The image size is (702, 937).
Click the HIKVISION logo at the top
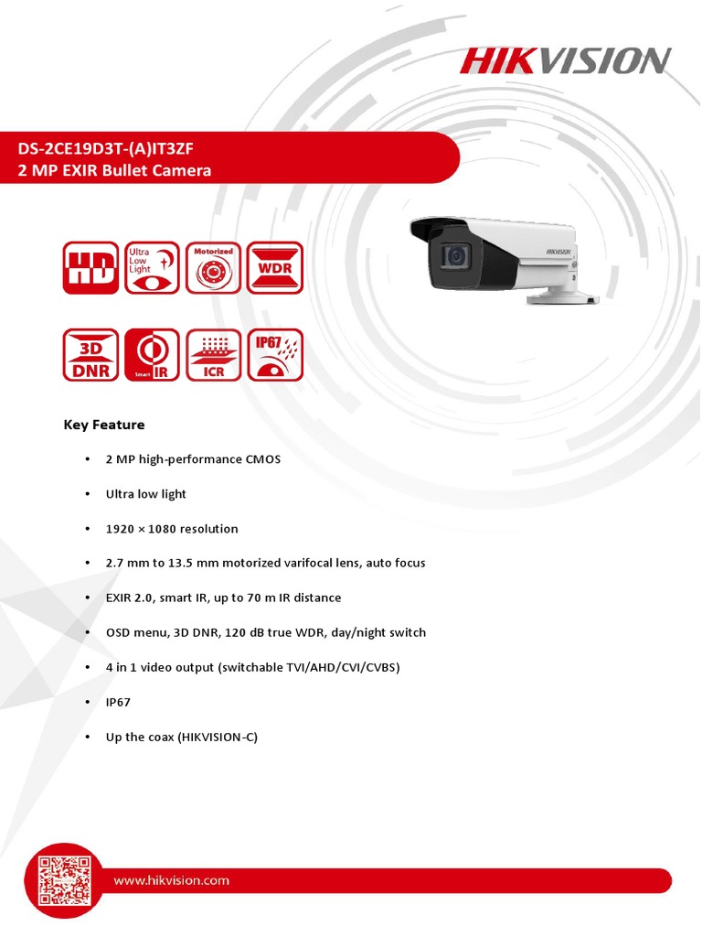click(565, 61)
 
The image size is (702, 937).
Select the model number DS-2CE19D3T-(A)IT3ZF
click(106, 149)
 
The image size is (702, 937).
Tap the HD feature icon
click(90, 268)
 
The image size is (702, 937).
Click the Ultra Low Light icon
click(152, 268)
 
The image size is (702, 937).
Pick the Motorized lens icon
click(213, 268)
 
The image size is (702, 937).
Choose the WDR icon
click(275, 268)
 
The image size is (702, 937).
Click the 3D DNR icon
click(90, 355)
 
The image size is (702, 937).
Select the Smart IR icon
click(152, 355)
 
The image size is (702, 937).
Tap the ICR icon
click(213, 355)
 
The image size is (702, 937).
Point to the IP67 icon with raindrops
click(275, 355)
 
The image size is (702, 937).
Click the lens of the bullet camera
click(454, 257)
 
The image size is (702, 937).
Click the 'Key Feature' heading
click(104, 425)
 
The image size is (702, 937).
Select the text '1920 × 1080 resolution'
click(172, 529)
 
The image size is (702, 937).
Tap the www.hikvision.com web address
click(171, 880)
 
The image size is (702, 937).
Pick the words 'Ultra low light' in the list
click(146, 494)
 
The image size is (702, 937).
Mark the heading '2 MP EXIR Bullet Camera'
click(115, 170)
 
